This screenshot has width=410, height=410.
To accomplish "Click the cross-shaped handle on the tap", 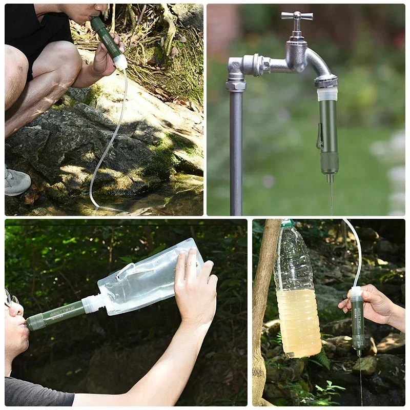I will coord(297,16).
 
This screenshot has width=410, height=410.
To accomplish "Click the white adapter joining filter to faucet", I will coord(327,93).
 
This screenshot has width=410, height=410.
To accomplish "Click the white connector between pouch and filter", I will coord(92,303).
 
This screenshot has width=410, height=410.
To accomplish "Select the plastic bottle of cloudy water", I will coord(297,297).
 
